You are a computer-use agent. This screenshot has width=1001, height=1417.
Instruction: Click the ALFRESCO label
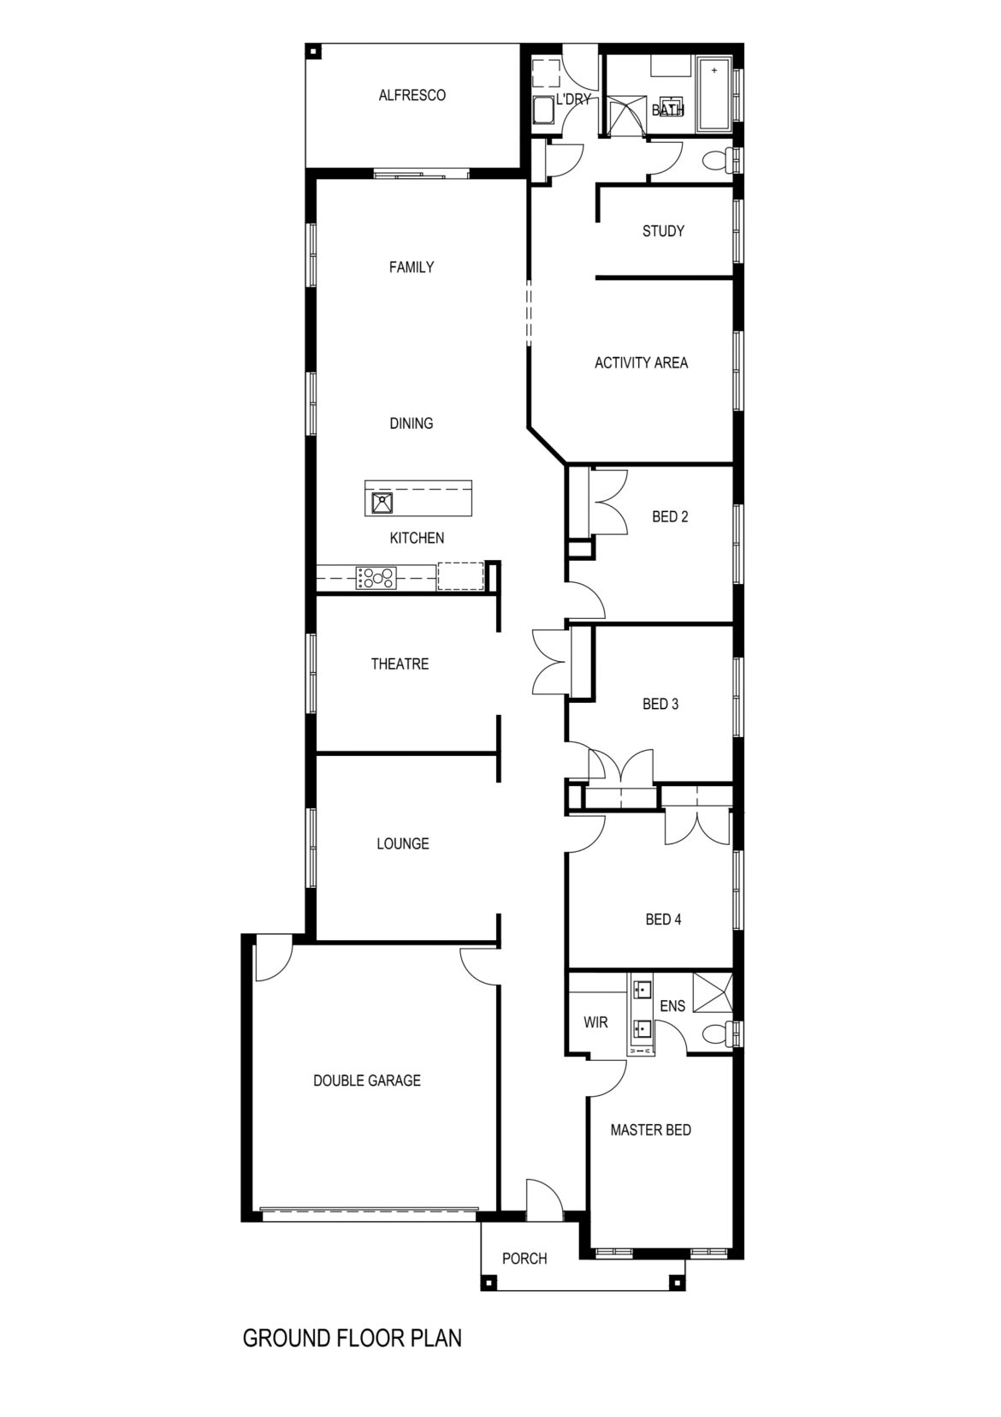412,95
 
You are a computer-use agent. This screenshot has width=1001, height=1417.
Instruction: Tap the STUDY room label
663,231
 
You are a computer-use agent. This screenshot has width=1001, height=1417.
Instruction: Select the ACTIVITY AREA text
641,363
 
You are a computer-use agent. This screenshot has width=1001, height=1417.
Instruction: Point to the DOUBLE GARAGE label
366,1081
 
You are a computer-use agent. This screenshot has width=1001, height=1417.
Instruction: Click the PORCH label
524,1259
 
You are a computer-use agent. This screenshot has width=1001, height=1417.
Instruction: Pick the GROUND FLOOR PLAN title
352,1338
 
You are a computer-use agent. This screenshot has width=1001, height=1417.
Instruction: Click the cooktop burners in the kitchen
376,578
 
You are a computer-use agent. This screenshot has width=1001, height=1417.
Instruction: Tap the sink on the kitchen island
380,503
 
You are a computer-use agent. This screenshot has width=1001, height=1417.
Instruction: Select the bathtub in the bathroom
714,94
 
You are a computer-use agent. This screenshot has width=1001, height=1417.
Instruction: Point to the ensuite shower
713,993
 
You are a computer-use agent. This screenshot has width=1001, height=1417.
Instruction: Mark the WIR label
595,1022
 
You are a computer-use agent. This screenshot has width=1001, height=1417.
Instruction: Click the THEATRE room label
400,664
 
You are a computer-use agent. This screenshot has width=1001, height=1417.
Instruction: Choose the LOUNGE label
402,844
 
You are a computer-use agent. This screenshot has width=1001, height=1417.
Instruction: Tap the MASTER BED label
650,1130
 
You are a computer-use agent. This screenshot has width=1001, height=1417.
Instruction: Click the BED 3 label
660,705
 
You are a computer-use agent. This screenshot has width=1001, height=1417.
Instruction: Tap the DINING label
411,424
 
